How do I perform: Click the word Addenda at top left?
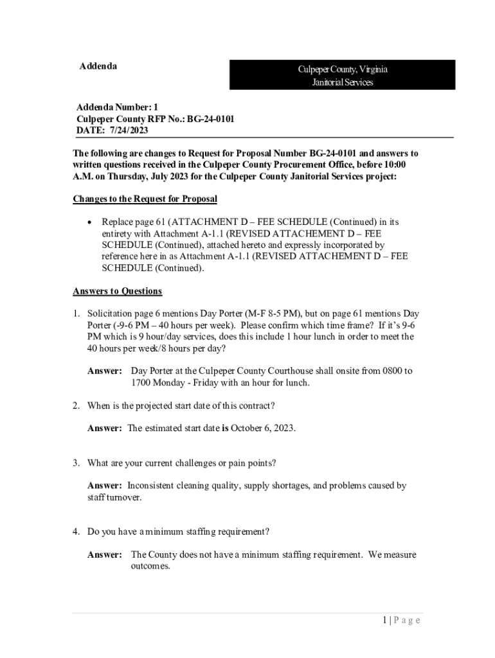tap(98, 66)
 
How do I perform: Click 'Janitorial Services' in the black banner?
tap(342, 82)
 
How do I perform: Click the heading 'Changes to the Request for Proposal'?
tap(145, 199)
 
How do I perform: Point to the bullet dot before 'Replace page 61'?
tap(89, 222)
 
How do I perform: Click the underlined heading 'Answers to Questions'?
tap(117, 291)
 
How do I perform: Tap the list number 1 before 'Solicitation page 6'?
tap(75, 314)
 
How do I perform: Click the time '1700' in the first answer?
tap(141, 382)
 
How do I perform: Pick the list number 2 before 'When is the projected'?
tap(75, 405)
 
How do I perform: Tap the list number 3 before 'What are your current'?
tap(75, 463)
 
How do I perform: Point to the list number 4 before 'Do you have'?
tap(75, 532)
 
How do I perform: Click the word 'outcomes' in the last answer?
tap(150, 566)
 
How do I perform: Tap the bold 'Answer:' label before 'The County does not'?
tap(105, 555)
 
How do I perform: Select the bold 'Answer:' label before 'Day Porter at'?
tap(105, 371)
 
